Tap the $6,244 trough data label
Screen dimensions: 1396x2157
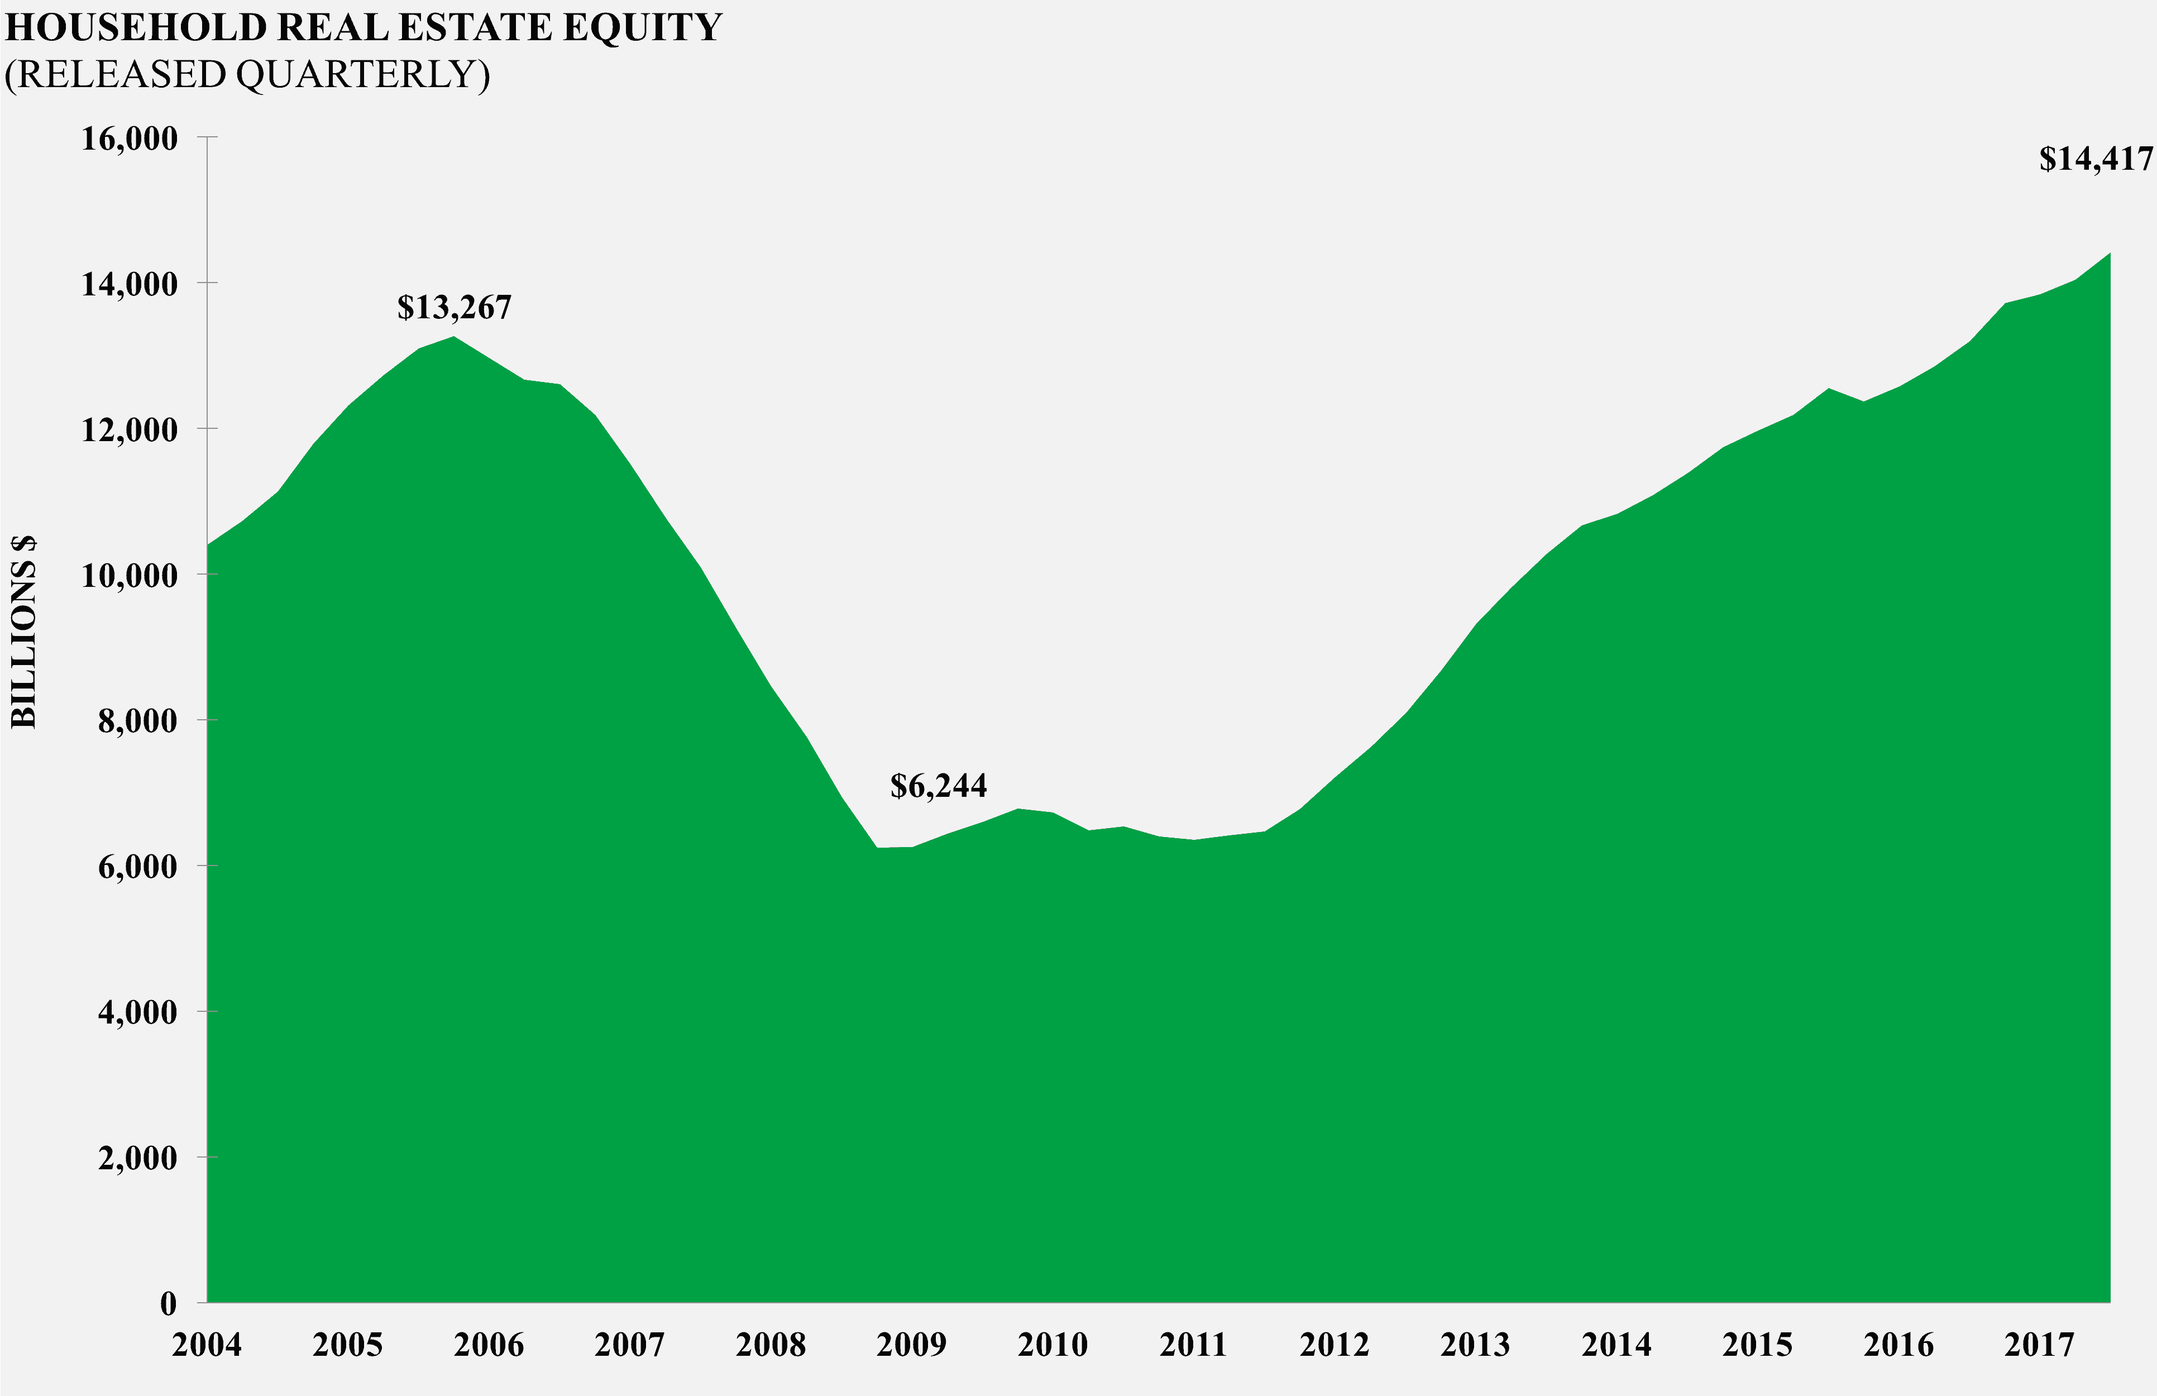tap(938, 786)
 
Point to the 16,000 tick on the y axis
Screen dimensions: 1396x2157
tap(130, 138)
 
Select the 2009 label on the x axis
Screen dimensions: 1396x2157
tap(911, 1344)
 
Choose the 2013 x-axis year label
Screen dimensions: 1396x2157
tap(1475, 1344)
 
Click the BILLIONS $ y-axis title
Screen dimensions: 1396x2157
tap(25, 631)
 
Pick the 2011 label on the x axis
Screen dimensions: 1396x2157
tap(1193, 1344)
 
